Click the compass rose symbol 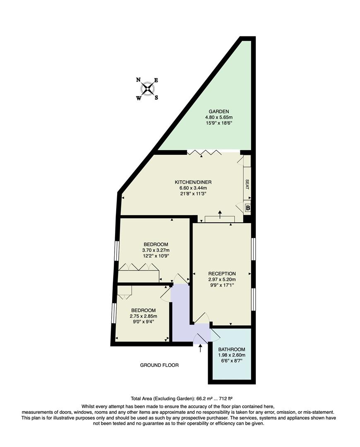(x=148, y=89)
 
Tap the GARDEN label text (x=219, y=111)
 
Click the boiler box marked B (x=248, y=208)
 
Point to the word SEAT (x=247, y=184)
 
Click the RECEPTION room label (x=222, y=274)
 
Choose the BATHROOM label (x=231, y=349)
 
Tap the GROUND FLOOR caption (x=159, y=365)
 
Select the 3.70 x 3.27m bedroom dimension (x=156, y=250)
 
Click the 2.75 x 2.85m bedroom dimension (x=143, y=316)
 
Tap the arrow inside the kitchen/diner (x=220, y=214)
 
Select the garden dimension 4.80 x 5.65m (x=219, y=117)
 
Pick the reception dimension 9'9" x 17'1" (x=222, y=285)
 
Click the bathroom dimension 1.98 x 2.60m (x=231, y=355)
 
